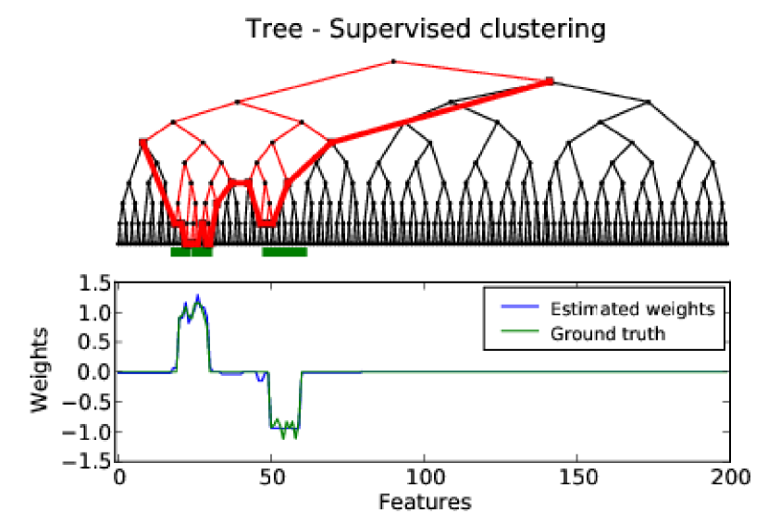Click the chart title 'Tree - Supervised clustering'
[x=425, y=29]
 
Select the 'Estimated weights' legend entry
[x=632, y=309]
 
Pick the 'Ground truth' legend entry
[x=607, y=333]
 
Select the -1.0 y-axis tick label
[x=92, y=432]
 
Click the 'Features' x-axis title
[x=424, y=501]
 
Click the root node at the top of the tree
[x=393, y=61]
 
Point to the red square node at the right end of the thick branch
[x=550, y=81]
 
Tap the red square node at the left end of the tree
[x=142, y=142]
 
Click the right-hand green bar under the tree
[x=284, y=251]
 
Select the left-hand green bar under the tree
[x=192, y=251]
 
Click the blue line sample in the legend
[x=514, y=309]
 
